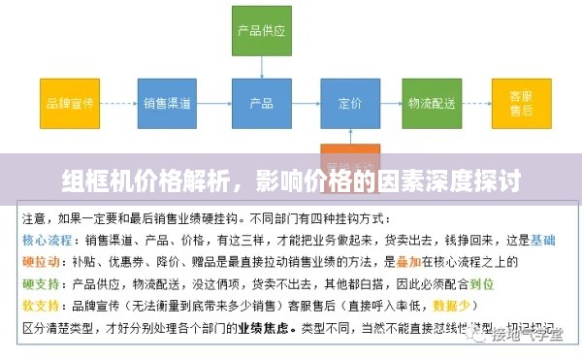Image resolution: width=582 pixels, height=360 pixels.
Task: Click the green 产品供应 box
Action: [x=262, y=30]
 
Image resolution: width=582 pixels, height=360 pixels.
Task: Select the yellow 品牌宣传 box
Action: [x=71, y=102]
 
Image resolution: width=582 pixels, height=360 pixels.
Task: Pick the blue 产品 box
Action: [x=262, y=102]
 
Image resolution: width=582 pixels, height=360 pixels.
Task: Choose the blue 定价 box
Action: [x=351, y=102]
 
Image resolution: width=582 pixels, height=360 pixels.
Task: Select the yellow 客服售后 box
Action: [x=520, y=102]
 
